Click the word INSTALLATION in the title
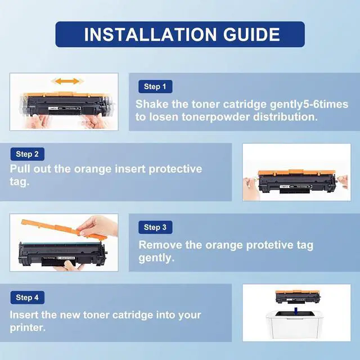click(x=150, y=34)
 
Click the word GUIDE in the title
click(x=251, y=34)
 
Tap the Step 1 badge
click(x=155, y=87)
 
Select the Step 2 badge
click(x=28, y=154)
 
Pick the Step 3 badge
click(x=155, y=227)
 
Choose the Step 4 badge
click(x=28, y=298)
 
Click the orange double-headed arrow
click(x=67, y=81)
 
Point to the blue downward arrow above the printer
click(x=296, y=311)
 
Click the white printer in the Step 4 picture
click(x=297, y=325)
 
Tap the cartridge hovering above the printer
click(x=298, y=296)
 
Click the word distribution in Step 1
click(x=285, y=117)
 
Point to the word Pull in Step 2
click(x=20, y=169)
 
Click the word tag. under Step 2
click(x=20, y=182)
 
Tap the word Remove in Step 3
click(x=160, y=245)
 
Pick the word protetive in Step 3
click(x=270, y=246)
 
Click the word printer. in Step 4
click(x=28, y=328)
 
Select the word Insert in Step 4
click(x=24, y=315)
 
